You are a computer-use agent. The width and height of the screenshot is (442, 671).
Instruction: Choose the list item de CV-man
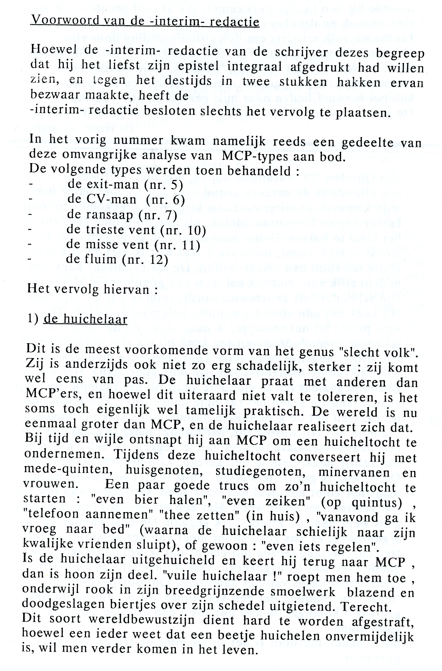102,200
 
